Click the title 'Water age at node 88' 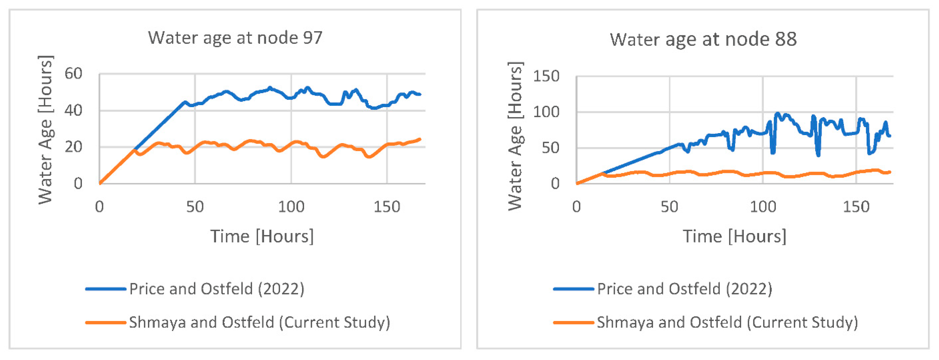pyautogui.click(x=703, y=39)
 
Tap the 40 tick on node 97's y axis pyautogui.click(x=74, y=111)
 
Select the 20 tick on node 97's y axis pyautogui.click(x=74, y=147)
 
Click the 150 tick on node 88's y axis pyautogui.click(x=546, y=76)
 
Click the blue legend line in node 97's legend pyautogui.click(x=106, y=289)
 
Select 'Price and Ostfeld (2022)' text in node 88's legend pyautogui.click(x=685, y=289)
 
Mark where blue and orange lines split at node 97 pyautogui.click(x=135, y=150)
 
